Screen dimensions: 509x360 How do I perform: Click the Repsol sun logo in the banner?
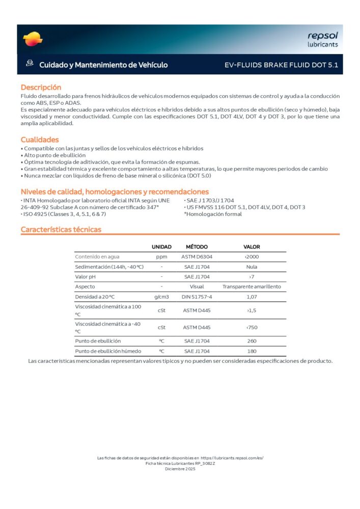point(33,39)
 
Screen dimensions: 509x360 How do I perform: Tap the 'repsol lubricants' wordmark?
point(322,39)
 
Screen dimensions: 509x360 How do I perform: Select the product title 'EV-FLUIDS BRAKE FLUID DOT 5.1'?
point(281,65)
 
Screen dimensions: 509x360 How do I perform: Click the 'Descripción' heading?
point(41,87)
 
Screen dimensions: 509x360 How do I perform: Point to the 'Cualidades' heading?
point(40,139)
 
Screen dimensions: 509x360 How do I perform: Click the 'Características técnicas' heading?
point(61,230)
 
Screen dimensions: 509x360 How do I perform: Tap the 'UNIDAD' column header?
point(161,247)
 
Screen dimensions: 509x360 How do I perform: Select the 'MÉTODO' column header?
point(197,247)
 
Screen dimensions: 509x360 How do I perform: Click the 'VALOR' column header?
point(252,247)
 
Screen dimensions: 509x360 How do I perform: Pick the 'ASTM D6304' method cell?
point(197,257)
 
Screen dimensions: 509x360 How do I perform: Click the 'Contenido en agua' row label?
point(97,257)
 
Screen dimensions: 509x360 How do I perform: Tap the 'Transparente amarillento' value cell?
point(252,287)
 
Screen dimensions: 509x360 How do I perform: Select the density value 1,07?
point(252,297)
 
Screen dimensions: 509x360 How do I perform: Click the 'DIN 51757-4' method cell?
point(197,297)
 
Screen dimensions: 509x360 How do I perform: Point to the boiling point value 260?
point(252,341)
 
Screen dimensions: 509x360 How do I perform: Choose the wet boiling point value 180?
point(252,351)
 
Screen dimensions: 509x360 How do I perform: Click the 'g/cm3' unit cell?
point(161,297)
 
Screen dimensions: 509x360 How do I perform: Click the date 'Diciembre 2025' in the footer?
point(180,468)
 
